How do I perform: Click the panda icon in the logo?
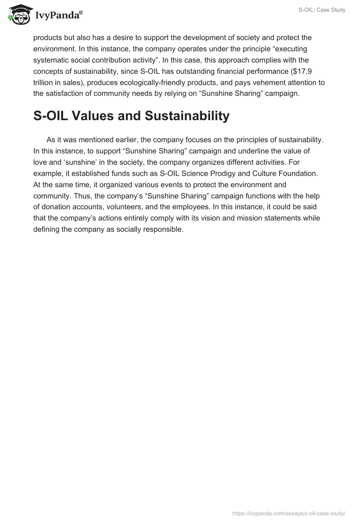18,15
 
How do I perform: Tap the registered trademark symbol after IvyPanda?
81,12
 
